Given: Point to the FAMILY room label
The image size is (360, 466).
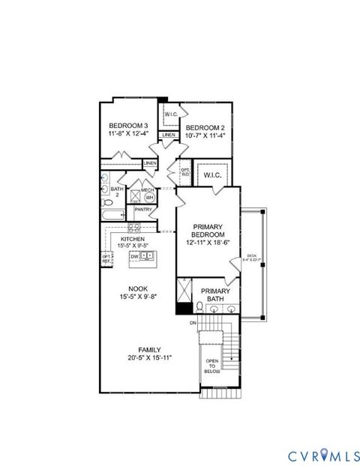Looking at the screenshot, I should tap(150, 354).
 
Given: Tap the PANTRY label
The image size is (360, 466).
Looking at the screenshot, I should tap(143, 210).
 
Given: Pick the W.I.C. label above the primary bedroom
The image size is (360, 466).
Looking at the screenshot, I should tap(211, 175).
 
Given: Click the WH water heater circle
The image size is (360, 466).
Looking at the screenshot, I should tap(148, 197).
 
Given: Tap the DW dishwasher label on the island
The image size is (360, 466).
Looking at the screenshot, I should tap(134, 257).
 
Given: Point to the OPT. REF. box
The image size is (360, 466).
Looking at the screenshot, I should tap(106, 258).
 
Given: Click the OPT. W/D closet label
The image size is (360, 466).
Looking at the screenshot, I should tap(184, 172).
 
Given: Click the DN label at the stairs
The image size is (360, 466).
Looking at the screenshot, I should tap(193, 323).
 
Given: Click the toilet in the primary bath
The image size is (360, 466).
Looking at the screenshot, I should tap(195, 307).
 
